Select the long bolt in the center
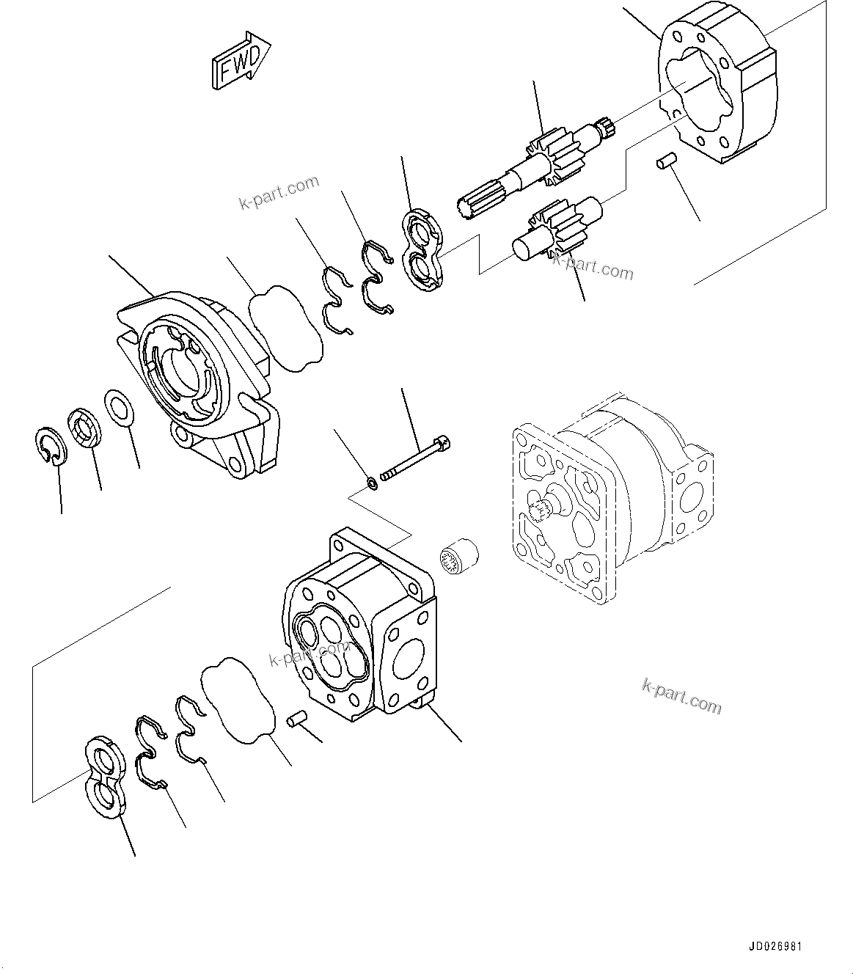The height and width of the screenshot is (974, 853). [x=415, y=461]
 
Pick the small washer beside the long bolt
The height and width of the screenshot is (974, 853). [x=372, y=483]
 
